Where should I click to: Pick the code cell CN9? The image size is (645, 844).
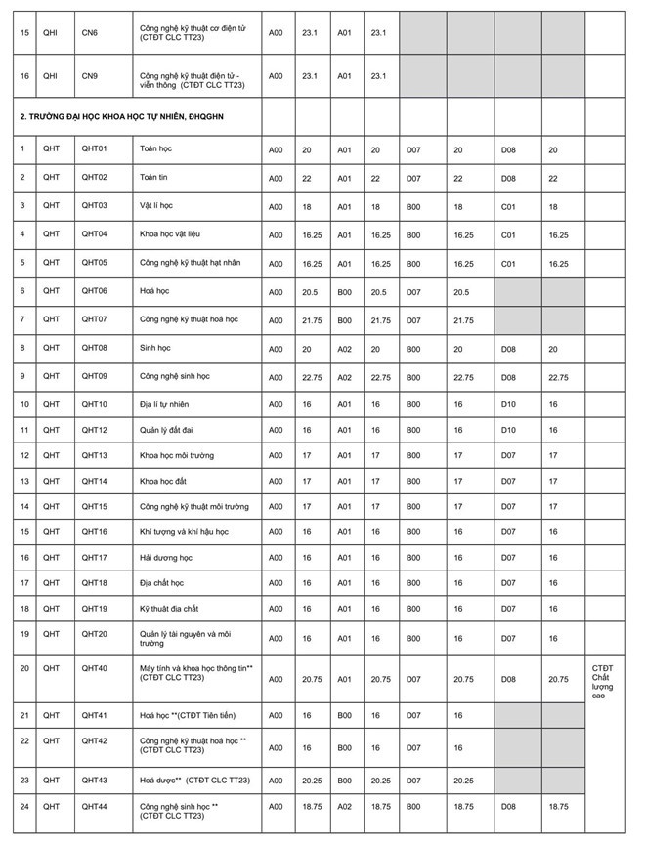click(89, 74)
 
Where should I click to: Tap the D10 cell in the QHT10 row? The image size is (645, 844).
click(508, 403)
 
